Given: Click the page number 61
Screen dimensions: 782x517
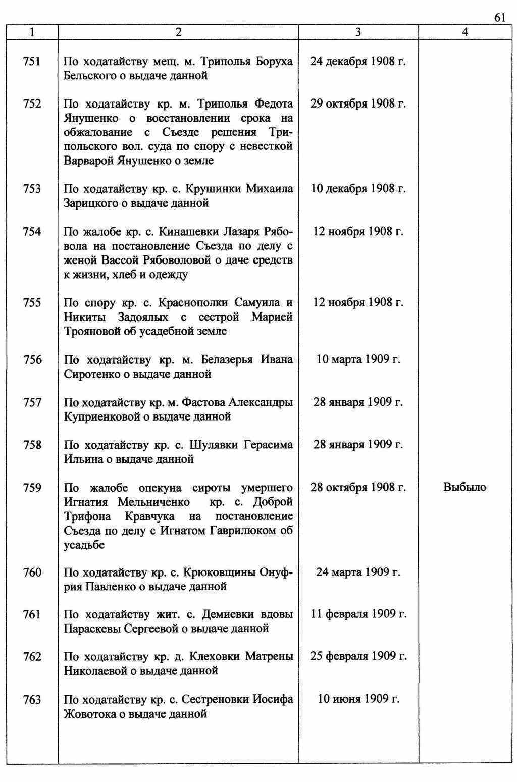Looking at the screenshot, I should [499, 18].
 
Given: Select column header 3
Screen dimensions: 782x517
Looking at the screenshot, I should [358, 32].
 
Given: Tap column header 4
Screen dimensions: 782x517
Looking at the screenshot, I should [465, 32].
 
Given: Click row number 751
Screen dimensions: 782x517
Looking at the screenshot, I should [32, 62].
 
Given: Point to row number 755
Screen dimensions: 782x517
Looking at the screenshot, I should [32, 303].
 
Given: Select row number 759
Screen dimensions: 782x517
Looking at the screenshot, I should [32, 488].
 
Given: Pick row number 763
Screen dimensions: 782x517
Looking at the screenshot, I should [32, 700].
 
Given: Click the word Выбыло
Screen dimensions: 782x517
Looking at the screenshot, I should [464, 488].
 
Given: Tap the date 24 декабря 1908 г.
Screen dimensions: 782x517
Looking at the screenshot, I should [358, 62].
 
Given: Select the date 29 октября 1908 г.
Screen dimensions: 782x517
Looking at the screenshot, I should [358, 104].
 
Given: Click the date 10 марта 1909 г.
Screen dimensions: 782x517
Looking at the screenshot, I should [358, 360].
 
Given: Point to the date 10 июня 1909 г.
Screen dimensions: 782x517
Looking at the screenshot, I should [358, 699].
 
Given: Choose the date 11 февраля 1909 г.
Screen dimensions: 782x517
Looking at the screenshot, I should [358, 614].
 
